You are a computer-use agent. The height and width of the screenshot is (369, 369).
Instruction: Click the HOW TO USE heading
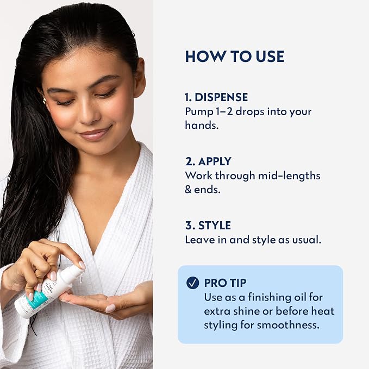(235, 57)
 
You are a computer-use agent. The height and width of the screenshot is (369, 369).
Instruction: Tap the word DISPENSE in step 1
(221, 97)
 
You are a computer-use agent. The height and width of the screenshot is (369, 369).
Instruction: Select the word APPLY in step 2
(215, 161)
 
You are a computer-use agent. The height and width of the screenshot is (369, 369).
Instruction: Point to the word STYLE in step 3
(214, 226)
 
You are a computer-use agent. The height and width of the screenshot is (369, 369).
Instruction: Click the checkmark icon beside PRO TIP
(192, 283)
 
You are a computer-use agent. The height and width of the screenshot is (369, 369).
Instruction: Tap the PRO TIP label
(225, 283)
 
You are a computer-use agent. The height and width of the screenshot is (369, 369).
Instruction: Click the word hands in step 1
(202, 125)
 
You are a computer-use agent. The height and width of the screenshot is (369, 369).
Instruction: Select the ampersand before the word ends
(188, 190)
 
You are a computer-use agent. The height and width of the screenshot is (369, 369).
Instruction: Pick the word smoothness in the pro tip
(288, 325)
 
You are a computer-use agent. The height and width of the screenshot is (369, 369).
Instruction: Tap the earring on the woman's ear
(45, 101)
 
